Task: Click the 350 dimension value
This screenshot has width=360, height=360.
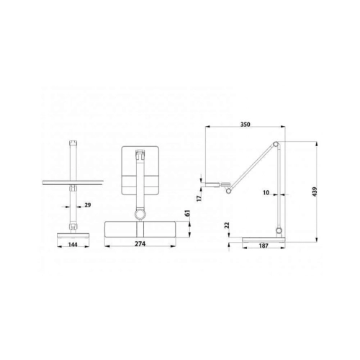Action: tap(246, 125)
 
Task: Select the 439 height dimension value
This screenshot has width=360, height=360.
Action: tap(315, 192)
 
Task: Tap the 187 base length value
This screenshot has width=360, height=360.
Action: tap(264, 246)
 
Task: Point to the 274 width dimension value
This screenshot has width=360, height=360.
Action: tap(140, 244)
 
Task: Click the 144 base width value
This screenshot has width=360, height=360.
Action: tap(73, 245)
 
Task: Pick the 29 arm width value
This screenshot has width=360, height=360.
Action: tap(88, 205)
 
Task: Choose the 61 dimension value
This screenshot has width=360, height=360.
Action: tap(187, 213)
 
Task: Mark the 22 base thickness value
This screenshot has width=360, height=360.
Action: tap(227, 225)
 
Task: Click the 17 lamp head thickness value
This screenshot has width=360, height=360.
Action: tap(199, 198)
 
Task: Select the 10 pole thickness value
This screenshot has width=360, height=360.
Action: tap(266, 192)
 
